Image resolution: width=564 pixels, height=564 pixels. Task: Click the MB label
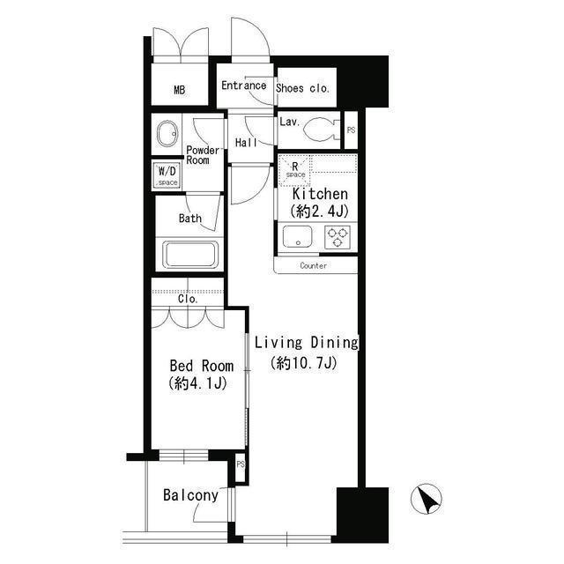(x=179, y=90)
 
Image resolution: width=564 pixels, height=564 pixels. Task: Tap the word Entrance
(x=243, y=85)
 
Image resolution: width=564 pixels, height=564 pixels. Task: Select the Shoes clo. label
(x=302, y=87)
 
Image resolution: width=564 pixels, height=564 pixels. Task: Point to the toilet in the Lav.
(x=321, y=130)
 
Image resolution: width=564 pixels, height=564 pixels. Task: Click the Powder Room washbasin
(x=167, y=135)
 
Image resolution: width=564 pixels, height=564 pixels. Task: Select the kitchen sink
(x=295, y=235)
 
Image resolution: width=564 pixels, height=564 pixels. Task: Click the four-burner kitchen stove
(x=338, y=235)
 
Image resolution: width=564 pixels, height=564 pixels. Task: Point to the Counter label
(x=313, y=265)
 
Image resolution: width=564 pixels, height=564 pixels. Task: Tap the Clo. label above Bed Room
(x=188, y=299)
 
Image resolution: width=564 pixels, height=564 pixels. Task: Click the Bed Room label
(x=201, y=366)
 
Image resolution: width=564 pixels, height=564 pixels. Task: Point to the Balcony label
(x=190, y=495)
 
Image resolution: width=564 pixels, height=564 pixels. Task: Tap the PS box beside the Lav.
(x=351, y=130)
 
